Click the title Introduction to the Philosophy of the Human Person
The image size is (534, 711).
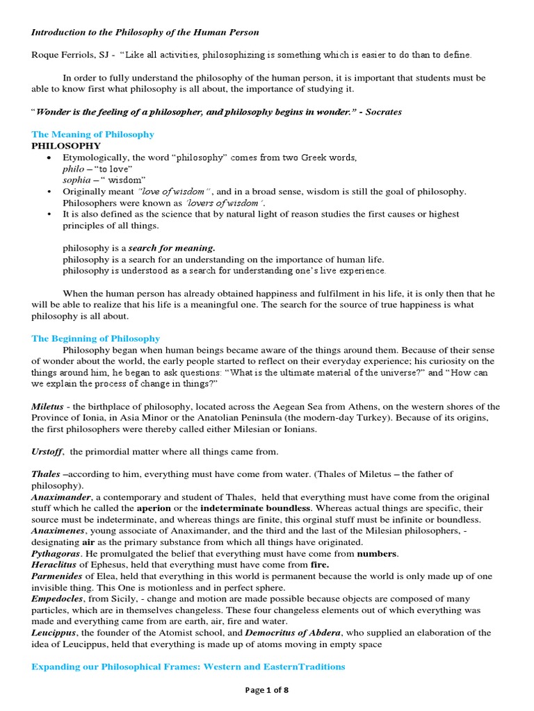coord(145,32)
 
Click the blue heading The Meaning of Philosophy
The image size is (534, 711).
coord(92,134)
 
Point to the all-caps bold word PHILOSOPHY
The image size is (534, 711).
coord(66,146)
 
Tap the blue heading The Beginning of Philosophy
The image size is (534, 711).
coord(95,338)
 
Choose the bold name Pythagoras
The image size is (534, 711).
coord(56,553)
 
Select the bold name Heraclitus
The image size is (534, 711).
coord(56,564)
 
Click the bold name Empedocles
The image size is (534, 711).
coord(58,599)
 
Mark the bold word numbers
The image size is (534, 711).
coord(377,553)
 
